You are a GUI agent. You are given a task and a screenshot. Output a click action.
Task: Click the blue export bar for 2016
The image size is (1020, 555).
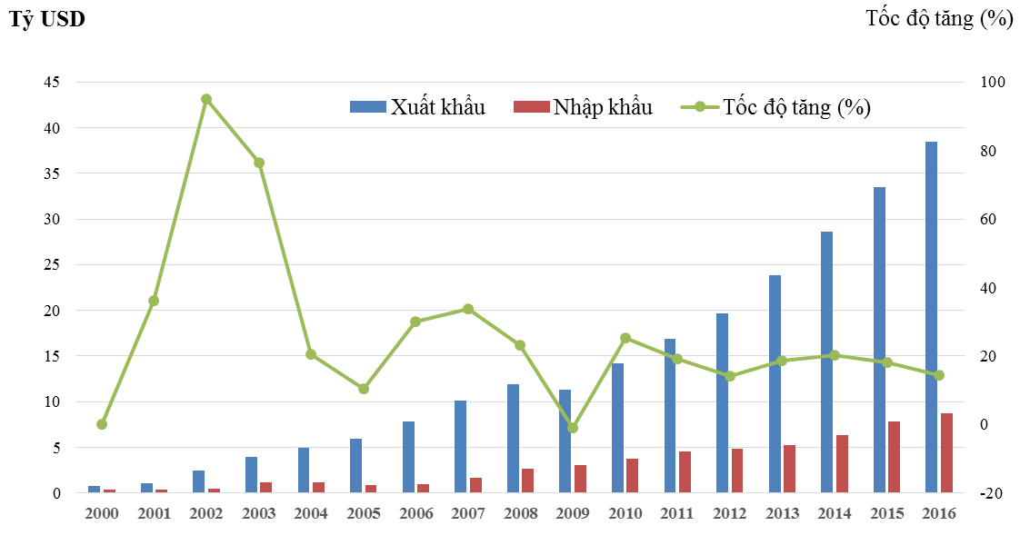point(931,318)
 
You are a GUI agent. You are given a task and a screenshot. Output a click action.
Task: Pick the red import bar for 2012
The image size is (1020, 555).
point(737,471)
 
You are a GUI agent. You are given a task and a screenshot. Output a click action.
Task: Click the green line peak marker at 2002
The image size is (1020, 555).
point(206,99)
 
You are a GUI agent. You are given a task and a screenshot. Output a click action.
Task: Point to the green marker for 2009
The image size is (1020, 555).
point(573,428)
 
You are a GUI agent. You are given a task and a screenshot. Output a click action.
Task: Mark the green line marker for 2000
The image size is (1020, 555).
point(102,424)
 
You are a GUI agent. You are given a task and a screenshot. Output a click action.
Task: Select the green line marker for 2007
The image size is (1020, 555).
point(468,309)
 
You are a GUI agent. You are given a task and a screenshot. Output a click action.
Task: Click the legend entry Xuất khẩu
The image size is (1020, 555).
point(418,107)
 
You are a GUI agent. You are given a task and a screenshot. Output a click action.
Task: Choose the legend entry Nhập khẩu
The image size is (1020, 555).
point(583,107)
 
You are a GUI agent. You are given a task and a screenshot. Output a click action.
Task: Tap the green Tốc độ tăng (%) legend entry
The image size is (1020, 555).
point(776,107)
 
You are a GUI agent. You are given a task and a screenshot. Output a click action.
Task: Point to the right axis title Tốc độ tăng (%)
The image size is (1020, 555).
point(939,19)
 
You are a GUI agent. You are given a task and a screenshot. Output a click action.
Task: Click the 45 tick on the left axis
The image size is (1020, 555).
point(51,83)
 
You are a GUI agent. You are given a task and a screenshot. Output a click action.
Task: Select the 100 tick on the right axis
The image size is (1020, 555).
point(993,83)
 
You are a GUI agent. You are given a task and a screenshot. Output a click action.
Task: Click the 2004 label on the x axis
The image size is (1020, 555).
point(311,514)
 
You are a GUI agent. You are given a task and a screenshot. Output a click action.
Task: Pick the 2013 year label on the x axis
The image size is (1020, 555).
point(782,514)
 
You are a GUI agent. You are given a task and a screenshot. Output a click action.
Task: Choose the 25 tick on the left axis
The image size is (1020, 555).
point(51,265)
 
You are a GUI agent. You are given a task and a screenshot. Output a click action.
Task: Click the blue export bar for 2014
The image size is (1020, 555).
point(826,362)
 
